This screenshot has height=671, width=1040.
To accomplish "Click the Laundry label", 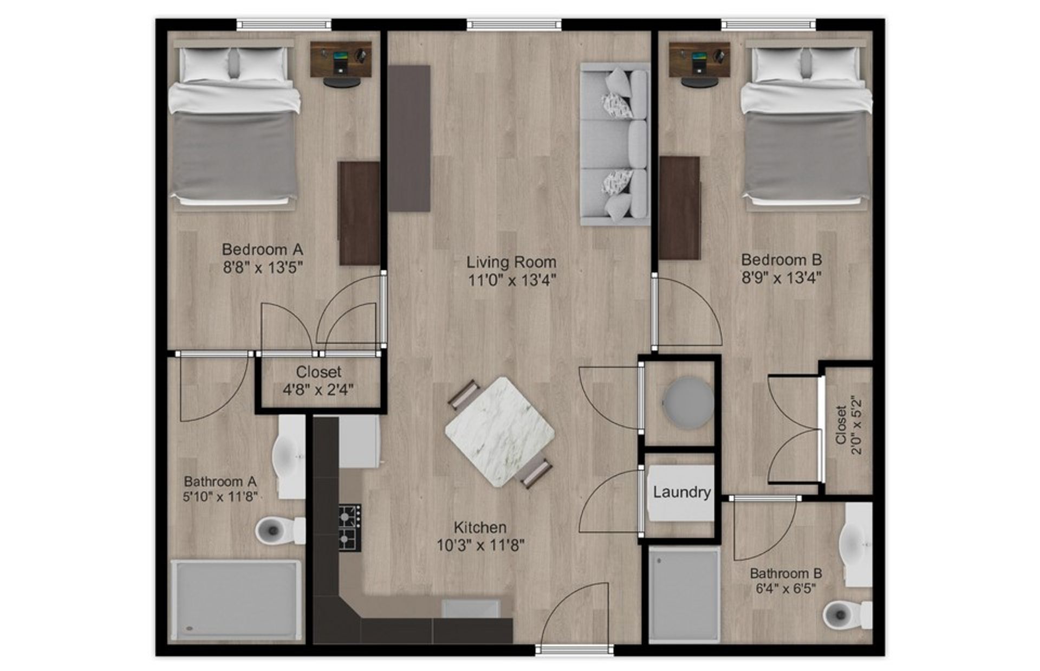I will pyautogui.click(x=681, y=492).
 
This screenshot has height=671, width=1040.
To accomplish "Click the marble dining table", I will pyautogui.click(x=499, y=432).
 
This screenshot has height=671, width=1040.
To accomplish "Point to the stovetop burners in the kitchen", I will pyautogui.click(x=350, y=528).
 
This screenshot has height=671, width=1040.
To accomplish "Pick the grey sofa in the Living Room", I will pyautogui.click(x=615, y=144).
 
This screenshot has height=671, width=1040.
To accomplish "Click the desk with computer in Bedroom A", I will pyautogui.click(x=341, y=60).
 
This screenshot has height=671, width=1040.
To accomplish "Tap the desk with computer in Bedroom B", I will pyautogui.click(x=699, y=60).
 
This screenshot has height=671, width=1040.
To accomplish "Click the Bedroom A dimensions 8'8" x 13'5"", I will pyautogui.click(x=262, y=268).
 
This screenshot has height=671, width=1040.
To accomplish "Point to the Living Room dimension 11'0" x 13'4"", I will pyautogui.click(x=512, y=280).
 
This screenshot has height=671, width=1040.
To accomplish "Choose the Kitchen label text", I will pyautogui.click(x=480, y=527).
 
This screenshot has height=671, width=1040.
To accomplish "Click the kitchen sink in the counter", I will pyautogui.click(x=471, y=608).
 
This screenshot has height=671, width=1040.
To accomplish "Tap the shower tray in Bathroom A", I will pyautogui.click(x=235, y=600).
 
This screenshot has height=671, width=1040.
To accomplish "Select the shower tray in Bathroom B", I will pyautogui.click(x=684, y=594).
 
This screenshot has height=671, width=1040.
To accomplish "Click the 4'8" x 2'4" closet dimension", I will pyautogui.click(x=318, y=389).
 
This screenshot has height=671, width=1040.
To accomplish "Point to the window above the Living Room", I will pyautogui.click(x=514, y=24).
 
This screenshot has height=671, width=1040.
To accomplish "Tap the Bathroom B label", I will pyautogui.click(x=785, y=573).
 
